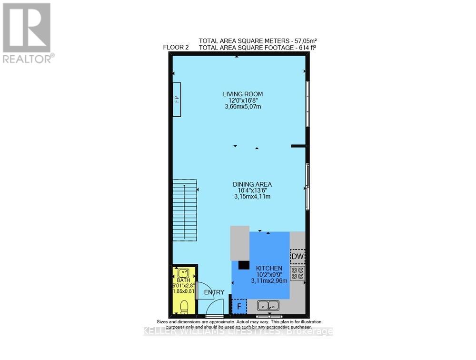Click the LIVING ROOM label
[243, 94]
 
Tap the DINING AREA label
[252, 184]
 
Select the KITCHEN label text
[269, 269]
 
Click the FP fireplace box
[177, 99]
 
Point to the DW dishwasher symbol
[297, 257]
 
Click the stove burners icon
[297, 273]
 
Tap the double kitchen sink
[269, 306]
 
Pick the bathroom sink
[183, 274]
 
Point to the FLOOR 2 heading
[177, 48]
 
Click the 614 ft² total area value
[305, 48]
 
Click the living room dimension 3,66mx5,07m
[243, 107]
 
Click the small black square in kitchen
[244, 265]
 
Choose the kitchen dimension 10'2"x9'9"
[269, 275]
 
